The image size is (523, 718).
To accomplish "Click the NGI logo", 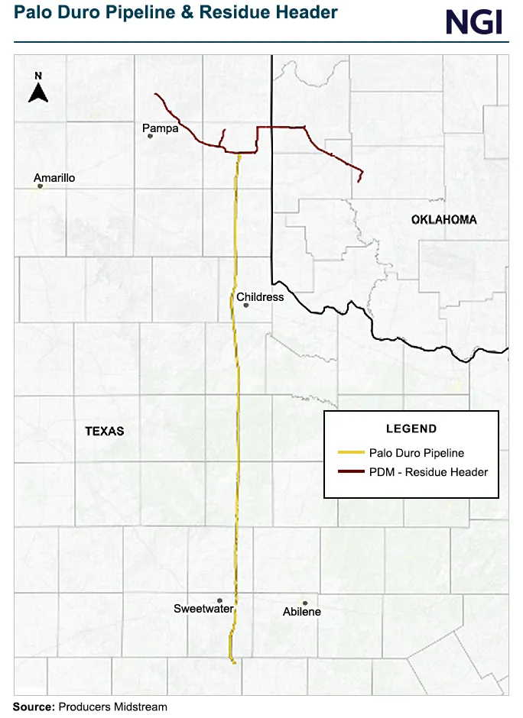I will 474,21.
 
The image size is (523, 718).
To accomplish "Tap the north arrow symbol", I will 38,89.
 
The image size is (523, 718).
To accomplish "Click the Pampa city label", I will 161,128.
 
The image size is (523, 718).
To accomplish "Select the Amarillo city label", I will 54,178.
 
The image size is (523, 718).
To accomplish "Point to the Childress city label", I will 260,297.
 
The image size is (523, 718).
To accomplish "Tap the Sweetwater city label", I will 203,609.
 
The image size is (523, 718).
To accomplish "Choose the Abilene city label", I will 302,612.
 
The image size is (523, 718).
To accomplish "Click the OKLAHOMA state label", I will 443,220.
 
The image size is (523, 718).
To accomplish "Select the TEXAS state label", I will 104,431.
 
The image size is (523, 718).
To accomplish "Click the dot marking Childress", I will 246,306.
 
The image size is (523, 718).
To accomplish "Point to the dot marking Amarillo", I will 40,186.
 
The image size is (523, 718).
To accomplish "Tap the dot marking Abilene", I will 304,603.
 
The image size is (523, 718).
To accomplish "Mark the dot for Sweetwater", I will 219,600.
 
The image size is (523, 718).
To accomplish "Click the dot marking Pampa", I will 150,136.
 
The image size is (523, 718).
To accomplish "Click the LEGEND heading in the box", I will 411,429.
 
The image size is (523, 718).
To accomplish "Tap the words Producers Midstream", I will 112,707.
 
